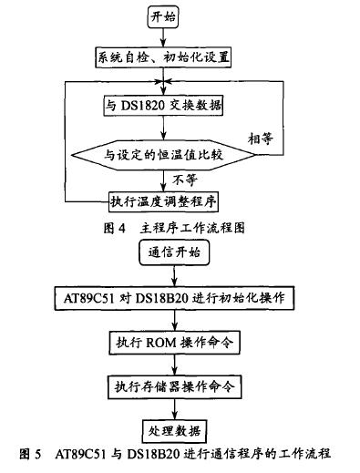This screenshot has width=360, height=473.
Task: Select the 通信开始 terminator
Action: [171, 254]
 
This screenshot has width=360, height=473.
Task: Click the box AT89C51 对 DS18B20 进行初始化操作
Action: [172, 298]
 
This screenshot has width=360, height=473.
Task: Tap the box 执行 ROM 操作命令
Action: [172, 343]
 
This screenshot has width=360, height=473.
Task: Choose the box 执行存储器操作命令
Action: [172, 386]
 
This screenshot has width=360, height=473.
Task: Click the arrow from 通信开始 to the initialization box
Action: [172, 276]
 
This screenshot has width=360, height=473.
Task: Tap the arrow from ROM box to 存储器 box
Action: [172, 365]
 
